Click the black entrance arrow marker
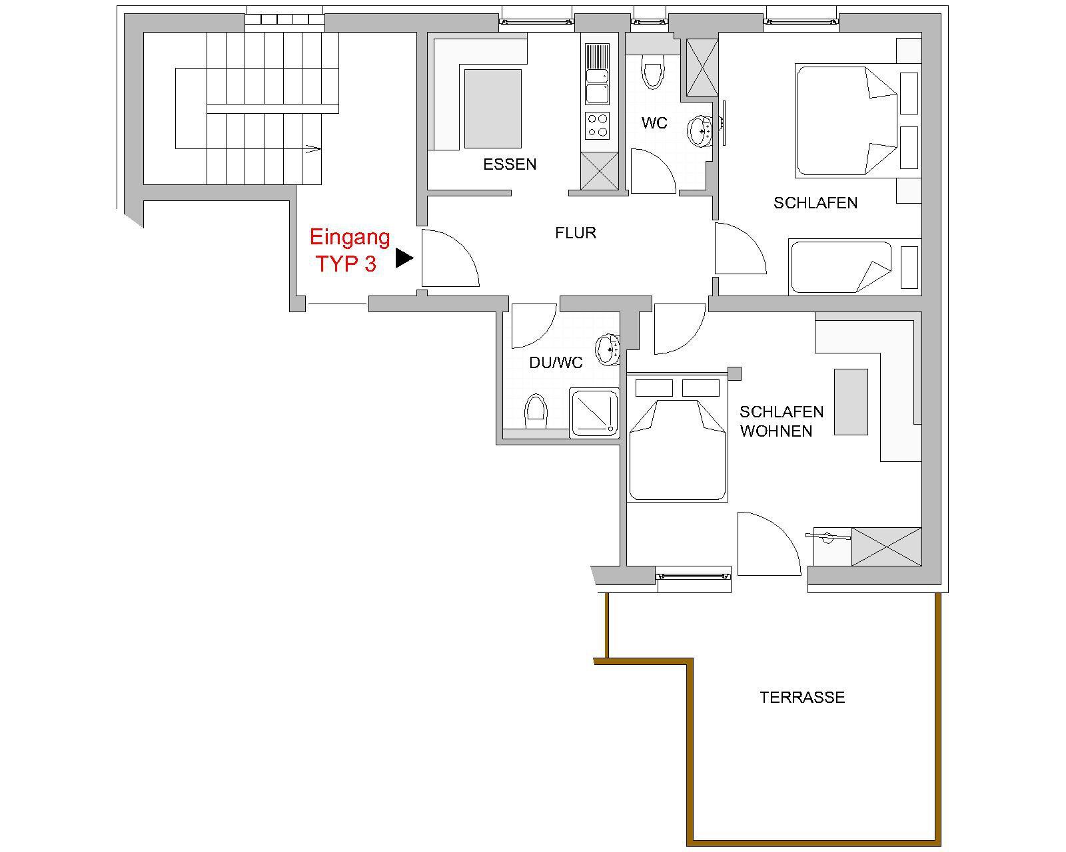click(x=404, y=258)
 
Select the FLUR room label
click(x=576, y=233)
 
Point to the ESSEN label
click(x=510, y=164)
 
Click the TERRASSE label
click(x=802, y=698)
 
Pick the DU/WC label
click(x=556, y=363)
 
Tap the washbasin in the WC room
click(x=700, y=131)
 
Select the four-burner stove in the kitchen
click(x=598, y=125)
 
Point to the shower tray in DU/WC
click(x=594, y=413)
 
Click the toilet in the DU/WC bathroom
click(x=536, y=412)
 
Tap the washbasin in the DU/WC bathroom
click(x=608, y=350)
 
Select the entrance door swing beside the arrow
click(x=450, y=258)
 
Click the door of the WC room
click(x=654, y=171)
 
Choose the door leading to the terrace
click(x=769, y=544)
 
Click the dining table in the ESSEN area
click(x=492, y=108)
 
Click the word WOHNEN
click(x=776, y=431)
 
